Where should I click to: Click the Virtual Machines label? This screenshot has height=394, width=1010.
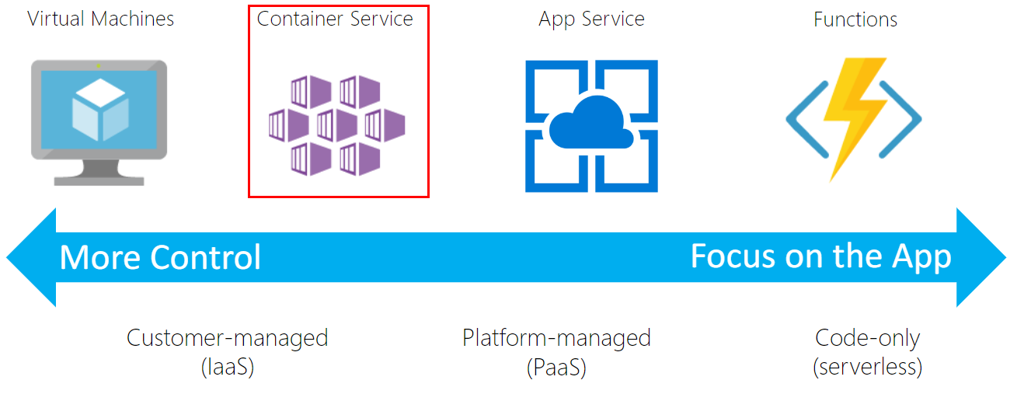[x=101, y=19]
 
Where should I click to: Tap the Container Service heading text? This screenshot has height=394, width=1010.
[x=335, y=19]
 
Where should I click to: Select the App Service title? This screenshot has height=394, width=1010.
[x=591, y=19]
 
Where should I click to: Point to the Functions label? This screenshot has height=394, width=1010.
[x=855, y=19]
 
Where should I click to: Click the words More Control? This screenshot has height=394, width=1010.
[x=160, y=257]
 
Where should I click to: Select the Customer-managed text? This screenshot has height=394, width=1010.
[x=227, y=338]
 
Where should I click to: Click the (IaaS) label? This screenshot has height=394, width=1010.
[x=227, y=366]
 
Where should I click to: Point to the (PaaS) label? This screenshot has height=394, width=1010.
[x=556, y=366]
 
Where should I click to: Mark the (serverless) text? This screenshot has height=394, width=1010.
[x=867, y=366]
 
